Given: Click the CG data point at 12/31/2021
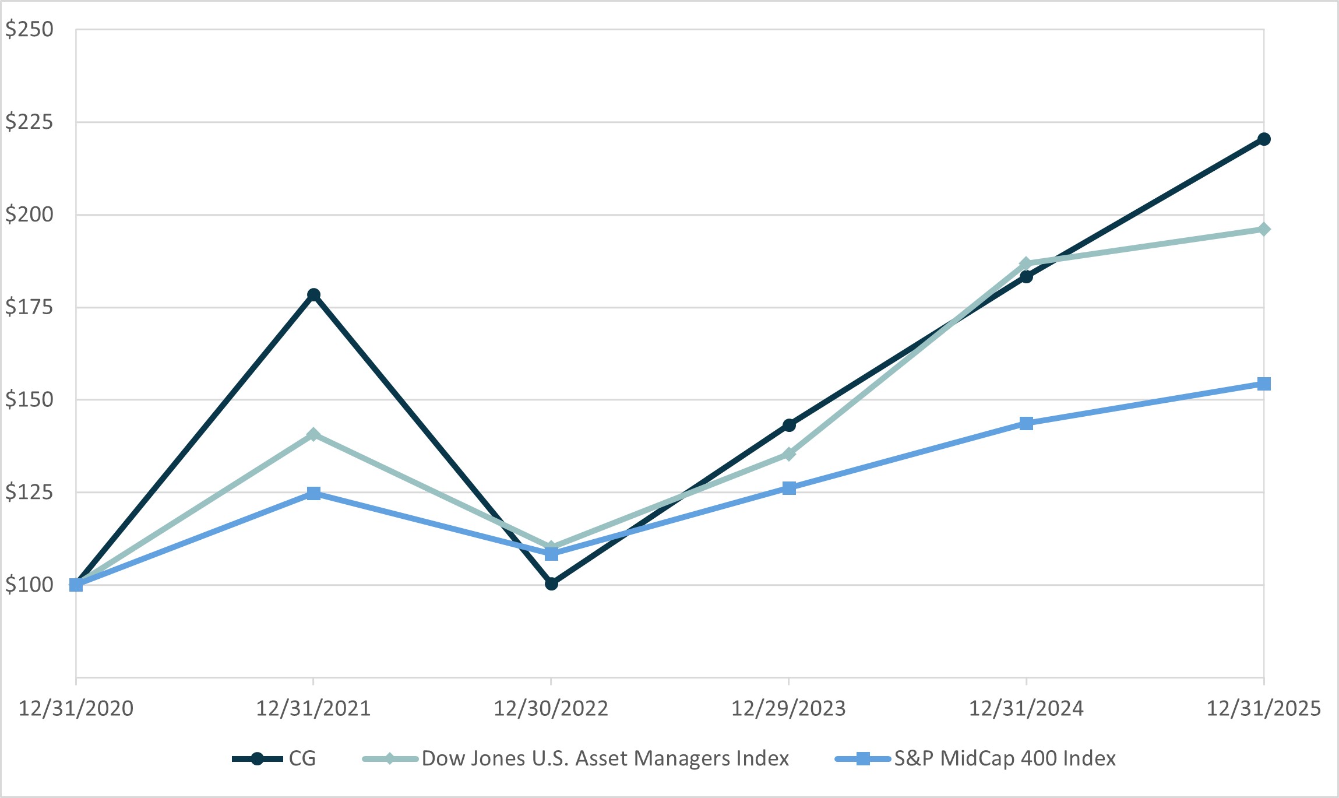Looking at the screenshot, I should point(313,294).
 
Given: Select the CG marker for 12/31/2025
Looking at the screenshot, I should point(1264,139).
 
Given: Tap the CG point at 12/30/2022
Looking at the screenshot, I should point(551,583).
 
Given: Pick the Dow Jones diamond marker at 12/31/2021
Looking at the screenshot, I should point(313,434).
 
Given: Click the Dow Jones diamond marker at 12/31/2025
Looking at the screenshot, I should point(1264,229).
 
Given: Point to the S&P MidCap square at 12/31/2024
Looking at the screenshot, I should point(1027,423).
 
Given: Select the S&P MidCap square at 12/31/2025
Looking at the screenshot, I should point(1264,384).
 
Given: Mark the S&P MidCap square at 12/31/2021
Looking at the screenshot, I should point(313,494).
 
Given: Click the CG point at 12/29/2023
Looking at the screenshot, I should point(789,425).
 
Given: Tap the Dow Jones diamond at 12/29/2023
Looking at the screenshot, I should point(789,454).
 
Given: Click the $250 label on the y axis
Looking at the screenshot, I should point(29,29).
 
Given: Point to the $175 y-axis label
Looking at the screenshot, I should point(29,307).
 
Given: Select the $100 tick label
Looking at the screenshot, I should point(29,585).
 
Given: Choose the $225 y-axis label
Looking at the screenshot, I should point(29,122).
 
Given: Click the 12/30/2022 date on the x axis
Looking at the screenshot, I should point(551,708).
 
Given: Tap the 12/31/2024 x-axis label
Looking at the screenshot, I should point(1026,708).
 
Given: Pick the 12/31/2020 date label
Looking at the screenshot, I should point(76,708).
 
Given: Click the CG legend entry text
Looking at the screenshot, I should point(302,758).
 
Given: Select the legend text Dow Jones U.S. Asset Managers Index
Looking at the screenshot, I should point(605,758).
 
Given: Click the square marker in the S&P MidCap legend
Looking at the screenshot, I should point(863,758).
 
